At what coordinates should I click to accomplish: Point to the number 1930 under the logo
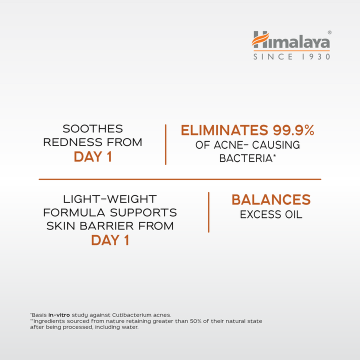tap(315, 56)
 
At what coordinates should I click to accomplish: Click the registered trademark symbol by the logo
tap(329, 32)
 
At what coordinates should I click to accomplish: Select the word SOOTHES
tap(92, 129)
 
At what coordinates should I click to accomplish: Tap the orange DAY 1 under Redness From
tap(92, 157)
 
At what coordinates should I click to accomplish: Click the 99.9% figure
tap(293, 131)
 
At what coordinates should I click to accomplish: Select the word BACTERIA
tap(245, 158)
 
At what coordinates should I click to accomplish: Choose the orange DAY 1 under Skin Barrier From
tap(111, 240)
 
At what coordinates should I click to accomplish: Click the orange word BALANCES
tap(271, 200)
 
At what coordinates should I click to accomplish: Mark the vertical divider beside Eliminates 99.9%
tap(165, 144)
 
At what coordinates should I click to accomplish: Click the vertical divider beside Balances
tap(208, 211)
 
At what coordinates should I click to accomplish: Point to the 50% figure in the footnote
tap(208, 321)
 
